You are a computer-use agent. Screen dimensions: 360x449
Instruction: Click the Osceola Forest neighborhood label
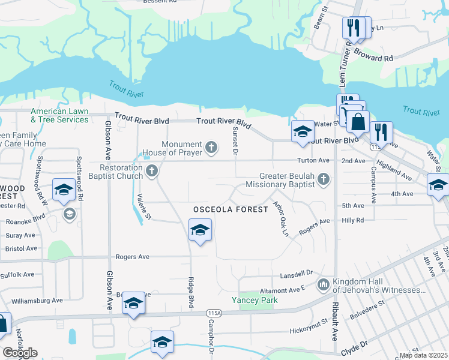coord(230,209)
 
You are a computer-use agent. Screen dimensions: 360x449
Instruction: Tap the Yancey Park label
coord(252,300)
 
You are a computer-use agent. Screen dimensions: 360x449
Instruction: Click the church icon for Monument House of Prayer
coord(211,146)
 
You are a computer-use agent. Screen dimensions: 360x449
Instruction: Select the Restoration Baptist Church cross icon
coord(152,172)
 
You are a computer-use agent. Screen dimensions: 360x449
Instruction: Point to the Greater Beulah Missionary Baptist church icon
coord(324,179)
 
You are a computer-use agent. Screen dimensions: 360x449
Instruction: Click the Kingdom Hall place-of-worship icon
coord(324,283)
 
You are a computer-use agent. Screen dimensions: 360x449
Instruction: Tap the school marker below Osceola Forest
coord(200,230)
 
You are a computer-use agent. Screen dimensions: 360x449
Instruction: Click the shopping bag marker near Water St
coord(358,122)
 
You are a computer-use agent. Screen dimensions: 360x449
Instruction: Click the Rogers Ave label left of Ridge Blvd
coord(136,257)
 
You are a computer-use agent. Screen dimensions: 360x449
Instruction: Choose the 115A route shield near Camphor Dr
coord(212,313)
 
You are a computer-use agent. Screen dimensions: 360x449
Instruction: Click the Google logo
coord(20,353)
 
